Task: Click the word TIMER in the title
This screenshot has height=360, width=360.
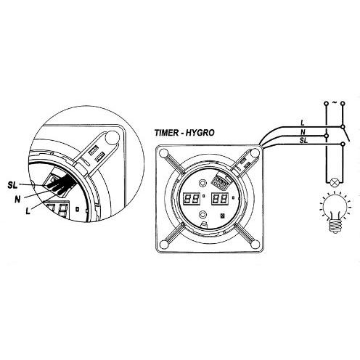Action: (166, 133)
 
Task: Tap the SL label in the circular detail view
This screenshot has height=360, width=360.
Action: (12, 186)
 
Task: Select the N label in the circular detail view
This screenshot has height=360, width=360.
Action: (17, 200)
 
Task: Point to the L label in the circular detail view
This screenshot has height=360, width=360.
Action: (28, 211)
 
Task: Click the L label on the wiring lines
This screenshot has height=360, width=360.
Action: (303, 123)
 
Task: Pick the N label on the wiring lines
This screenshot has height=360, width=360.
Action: (303, 132)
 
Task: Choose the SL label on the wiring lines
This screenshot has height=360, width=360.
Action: (303, 140)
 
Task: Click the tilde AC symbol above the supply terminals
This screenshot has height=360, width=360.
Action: (335, 103)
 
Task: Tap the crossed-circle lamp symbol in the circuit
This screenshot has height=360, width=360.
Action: (335, 182)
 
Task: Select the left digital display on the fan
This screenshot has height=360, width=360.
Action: (192, 199)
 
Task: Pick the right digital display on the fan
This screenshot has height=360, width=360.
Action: (220, 199)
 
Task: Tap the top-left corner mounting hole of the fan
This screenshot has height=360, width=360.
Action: (164, 153)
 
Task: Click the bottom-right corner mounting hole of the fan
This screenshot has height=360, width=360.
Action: (255, 245)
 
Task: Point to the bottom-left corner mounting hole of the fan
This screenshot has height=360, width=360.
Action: (165, 245)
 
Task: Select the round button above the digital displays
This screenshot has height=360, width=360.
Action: (202, 183)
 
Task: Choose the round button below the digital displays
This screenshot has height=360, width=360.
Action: (202, 215)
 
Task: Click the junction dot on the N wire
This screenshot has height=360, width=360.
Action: (327, 136)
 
